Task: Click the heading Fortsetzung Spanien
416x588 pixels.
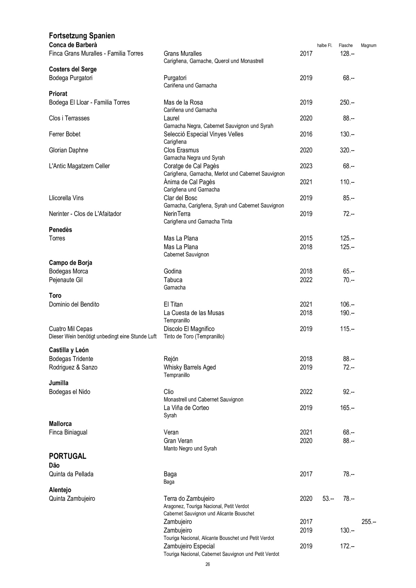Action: [x=82, y=36]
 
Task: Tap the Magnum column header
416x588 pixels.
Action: [x=368, y=46]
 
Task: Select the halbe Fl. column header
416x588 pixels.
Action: [x=324, y=46]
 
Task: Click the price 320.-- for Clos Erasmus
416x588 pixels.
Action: [x=347, y=150]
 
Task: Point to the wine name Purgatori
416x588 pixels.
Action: [x=175, y=78]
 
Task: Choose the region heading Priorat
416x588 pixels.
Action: [x=58, y=94]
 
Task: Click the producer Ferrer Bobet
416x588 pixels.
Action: [x=65, y=134]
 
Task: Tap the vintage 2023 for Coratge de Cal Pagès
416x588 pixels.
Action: [x=306, y=166]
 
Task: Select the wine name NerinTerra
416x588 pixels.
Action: [x=177, y=214]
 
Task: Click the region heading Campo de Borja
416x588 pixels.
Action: [x=70, y=263]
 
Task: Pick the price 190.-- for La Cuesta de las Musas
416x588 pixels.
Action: [x=347, y=313]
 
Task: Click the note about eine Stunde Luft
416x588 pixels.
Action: [x=103, y=337]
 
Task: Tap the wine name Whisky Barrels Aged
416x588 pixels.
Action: [x=190, y=367]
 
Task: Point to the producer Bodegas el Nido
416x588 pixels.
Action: [x=69, y=392]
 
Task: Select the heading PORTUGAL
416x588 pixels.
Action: [x=67, y=456]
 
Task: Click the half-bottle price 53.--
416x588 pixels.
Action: [x=328, y=499]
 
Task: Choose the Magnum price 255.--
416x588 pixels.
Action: [x=369, y=522]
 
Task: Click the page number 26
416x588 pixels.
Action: [x=208, y=565]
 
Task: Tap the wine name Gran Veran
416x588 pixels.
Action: [x=178, y=441]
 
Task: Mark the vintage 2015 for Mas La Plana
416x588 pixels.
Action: [x=306, y=238]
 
